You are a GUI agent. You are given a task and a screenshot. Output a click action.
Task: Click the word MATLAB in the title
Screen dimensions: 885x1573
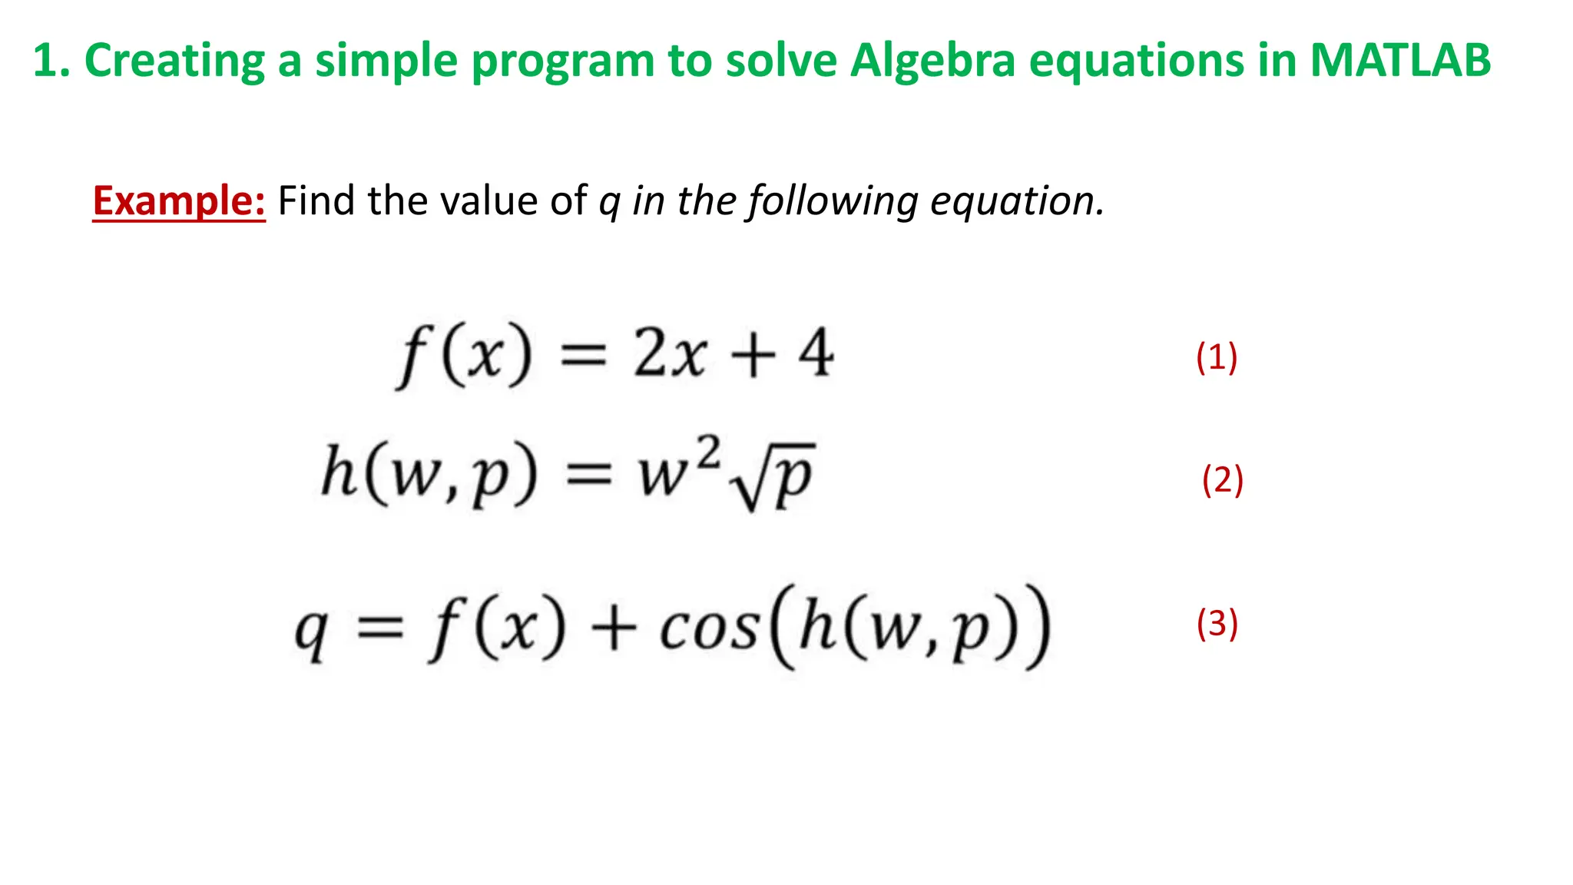pos(1399,60)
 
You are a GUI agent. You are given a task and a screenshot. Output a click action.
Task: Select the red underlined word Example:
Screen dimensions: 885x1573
pos(179,201)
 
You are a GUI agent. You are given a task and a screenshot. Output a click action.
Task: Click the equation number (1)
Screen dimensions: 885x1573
pos(1217,357)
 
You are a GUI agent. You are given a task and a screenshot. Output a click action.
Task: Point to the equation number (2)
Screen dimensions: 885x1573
pos(1222,480)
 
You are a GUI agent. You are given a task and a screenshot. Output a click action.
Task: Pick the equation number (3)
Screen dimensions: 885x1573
pos(1217,623)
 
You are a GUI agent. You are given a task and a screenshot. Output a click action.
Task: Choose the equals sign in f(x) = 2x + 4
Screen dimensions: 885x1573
pos(584,356)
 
